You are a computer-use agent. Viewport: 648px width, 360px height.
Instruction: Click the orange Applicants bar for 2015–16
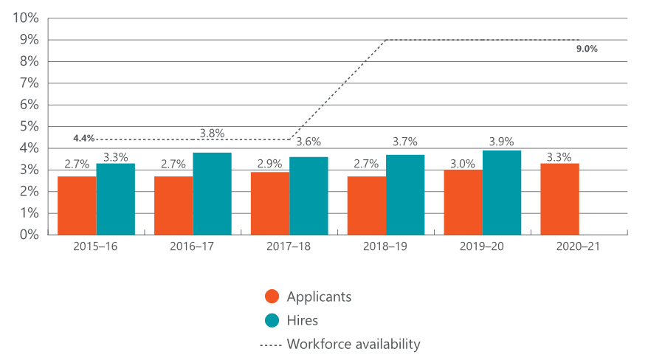[77, 205]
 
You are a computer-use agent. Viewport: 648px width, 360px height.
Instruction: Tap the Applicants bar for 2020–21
[559, 199]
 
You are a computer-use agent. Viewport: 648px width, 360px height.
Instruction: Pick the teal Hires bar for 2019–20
[502, 193]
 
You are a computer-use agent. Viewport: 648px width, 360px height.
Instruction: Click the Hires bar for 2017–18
[309, 195]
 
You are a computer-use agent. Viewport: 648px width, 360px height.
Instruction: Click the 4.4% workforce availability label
[83, 138]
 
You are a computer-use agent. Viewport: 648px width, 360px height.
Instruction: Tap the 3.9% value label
[502, 142]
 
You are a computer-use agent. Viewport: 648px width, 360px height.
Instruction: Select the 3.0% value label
[463, 164]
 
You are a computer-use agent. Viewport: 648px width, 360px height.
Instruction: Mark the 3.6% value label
[309, 142]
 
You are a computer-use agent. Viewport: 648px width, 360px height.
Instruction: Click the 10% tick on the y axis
[26, 18]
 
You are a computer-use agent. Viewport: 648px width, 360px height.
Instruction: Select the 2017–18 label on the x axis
[289, 247]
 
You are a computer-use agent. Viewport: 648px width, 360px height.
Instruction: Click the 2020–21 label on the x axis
[579, 247]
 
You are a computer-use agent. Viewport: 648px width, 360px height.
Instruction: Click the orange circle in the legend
[272, 297]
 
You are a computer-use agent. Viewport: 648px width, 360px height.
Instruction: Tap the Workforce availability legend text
[354, 344]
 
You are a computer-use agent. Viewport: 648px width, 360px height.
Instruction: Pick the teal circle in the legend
[272, 320]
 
